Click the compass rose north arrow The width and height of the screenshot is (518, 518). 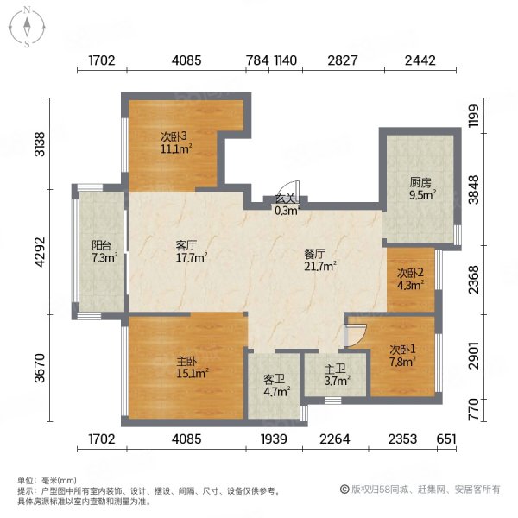tap(27, 27)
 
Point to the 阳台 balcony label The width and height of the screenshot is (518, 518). tap(101, 245)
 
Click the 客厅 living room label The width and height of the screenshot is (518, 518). tap(186, 245)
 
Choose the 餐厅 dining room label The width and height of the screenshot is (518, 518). tap(315, 255)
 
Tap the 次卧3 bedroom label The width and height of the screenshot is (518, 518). tap(174, 136)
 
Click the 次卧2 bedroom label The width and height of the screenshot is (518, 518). tap(410, 273)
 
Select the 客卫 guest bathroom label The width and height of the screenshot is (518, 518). tap(274, 380)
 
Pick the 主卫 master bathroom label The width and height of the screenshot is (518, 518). tap(335, 369)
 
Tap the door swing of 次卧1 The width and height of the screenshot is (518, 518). tap(355, 335)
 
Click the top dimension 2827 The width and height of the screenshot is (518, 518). tap(342, 60)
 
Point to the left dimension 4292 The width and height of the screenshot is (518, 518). tap(40, 252)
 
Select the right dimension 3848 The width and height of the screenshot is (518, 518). tap(474, 190)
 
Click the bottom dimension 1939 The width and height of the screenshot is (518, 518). tap(274, 439)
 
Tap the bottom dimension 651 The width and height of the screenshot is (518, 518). tap(446, 439)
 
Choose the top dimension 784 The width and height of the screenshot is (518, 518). tap(257, 60)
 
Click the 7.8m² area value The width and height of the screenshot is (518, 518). tap(402, 362)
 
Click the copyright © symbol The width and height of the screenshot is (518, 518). tap(344, 490)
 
